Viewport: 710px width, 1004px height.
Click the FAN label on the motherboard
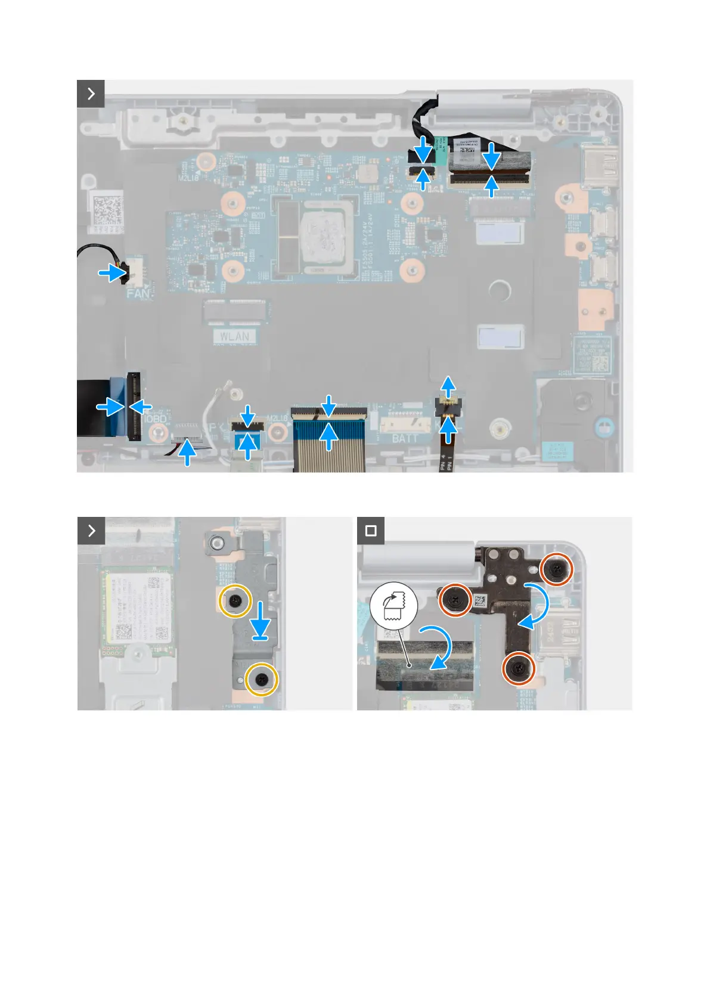138,293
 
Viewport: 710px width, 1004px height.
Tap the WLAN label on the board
234,337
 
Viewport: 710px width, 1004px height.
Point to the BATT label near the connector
405,439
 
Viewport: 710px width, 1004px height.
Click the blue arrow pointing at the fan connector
111,274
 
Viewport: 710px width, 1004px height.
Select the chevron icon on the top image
91,94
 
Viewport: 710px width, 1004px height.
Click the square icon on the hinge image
371,531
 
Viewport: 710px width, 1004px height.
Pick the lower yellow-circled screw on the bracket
262,679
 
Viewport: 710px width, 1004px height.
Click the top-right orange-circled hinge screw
557,569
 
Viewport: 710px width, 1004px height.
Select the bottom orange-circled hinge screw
519,670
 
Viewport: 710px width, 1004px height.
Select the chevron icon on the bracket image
91,531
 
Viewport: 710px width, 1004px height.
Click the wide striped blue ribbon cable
328,444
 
